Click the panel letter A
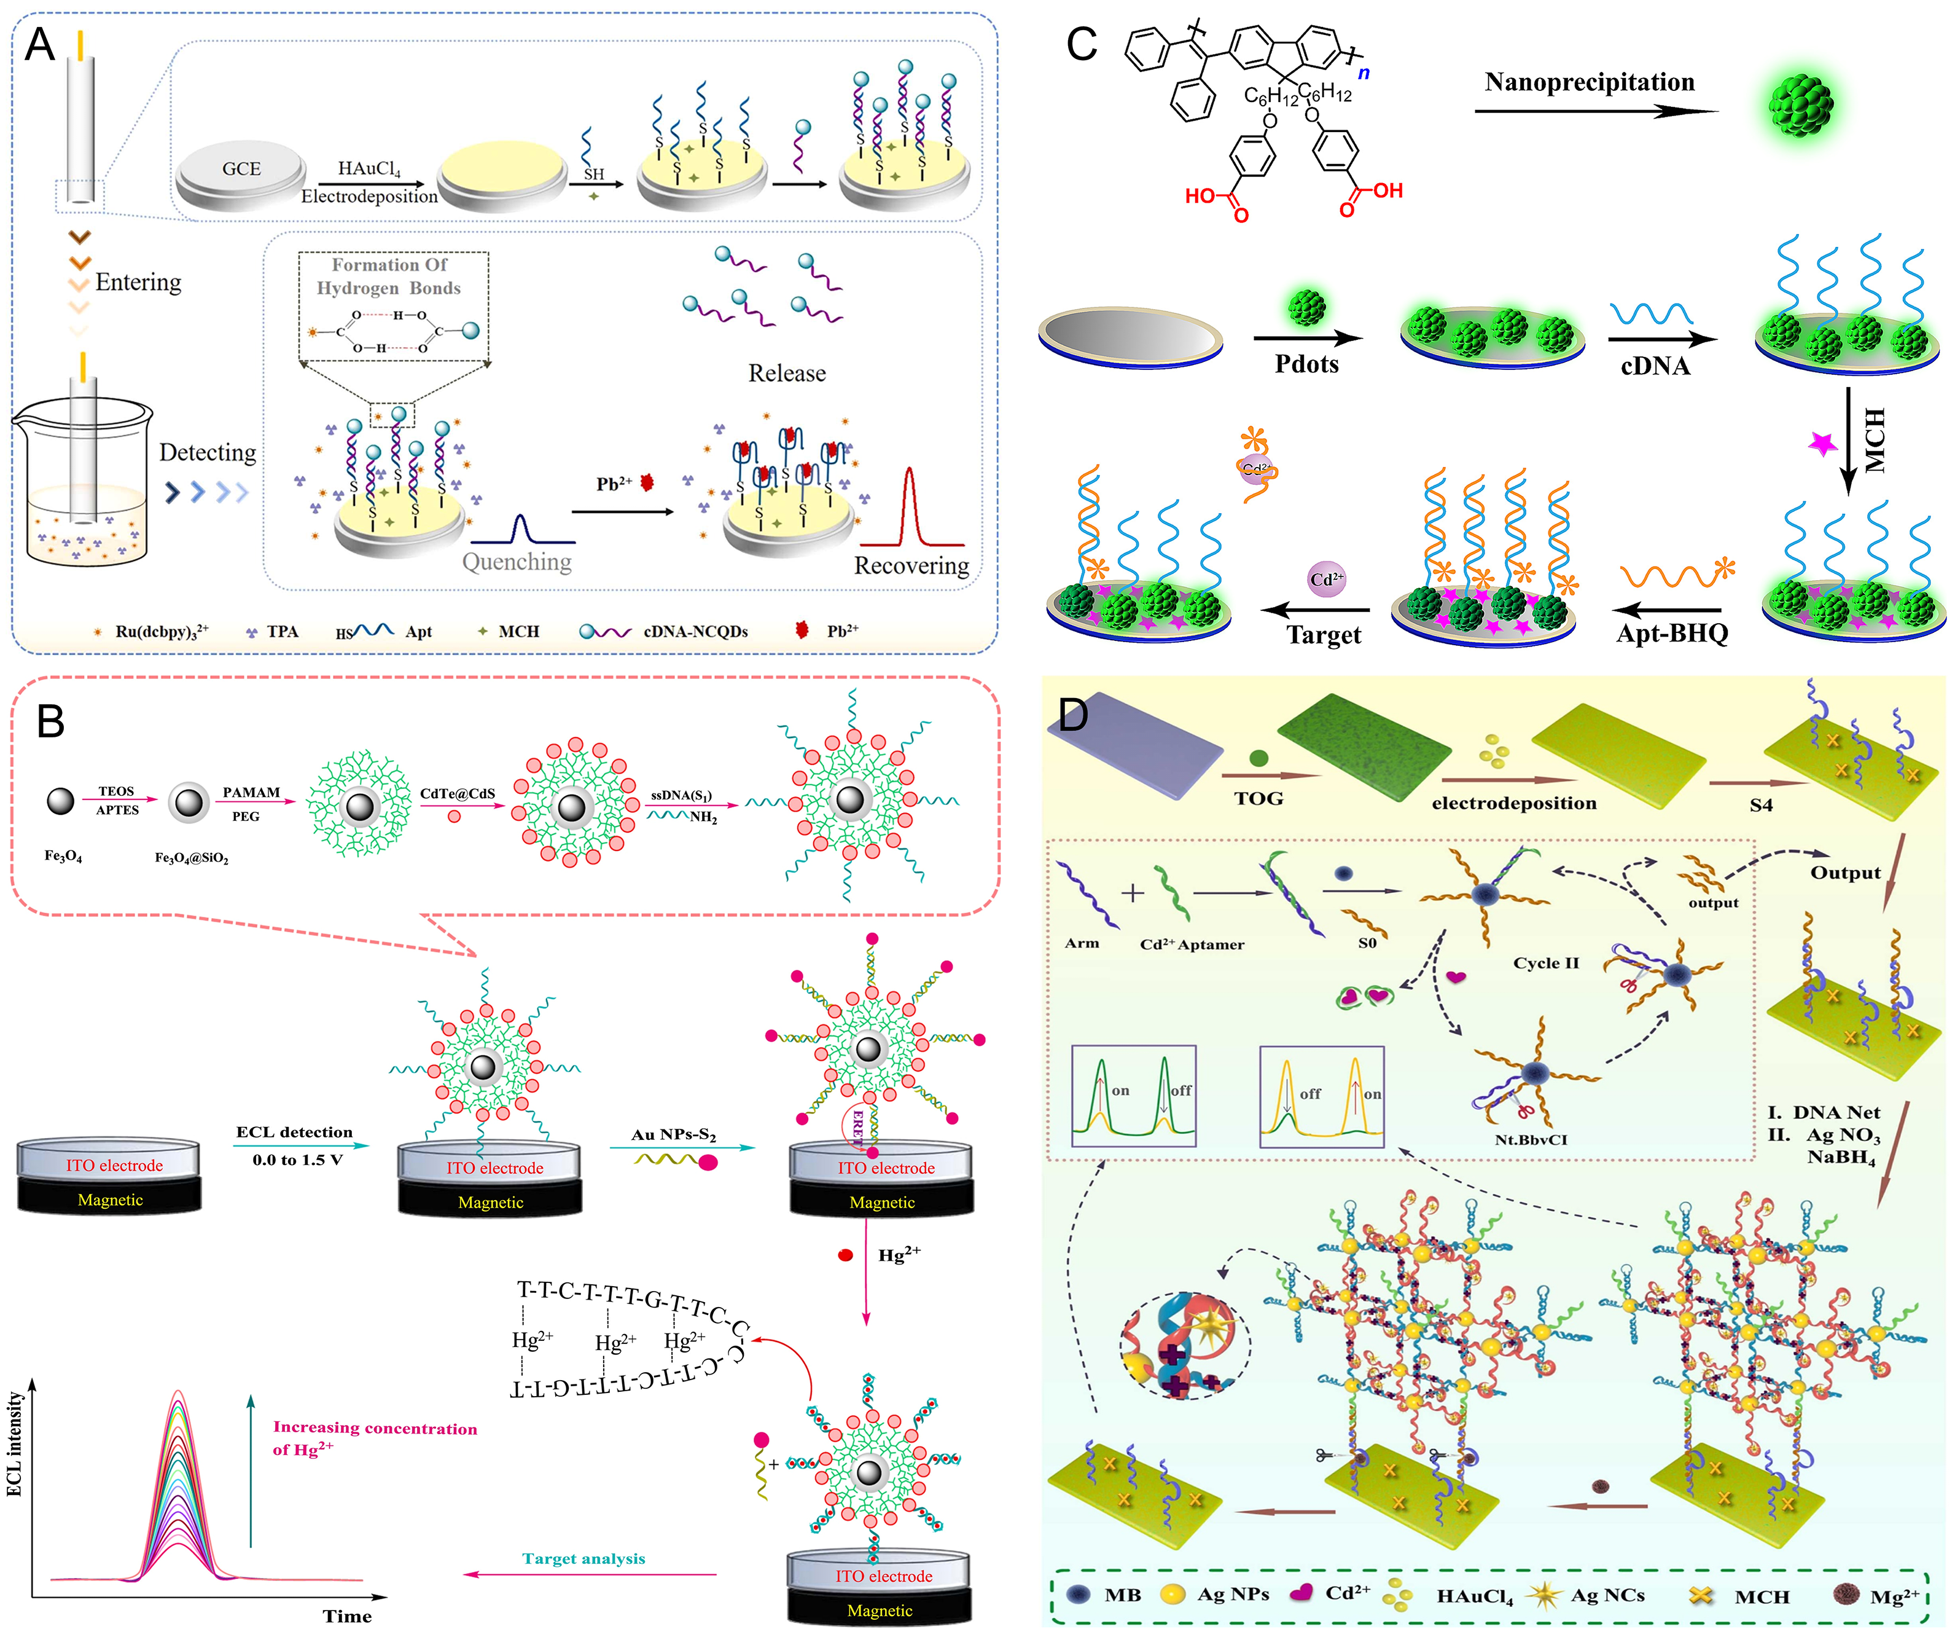[39, 45]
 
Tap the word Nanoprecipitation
[1589, 82]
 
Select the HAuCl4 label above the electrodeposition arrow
[369, 168]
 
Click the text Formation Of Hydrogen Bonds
[389, 277]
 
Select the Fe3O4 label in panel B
[63, 855]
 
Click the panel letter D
[1074, 715]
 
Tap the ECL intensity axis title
[14, 1443]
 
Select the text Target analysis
[583, 1559]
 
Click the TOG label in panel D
[1258, 798]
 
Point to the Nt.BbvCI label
[1531, 1139]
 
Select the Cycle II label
[1545, 963]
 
